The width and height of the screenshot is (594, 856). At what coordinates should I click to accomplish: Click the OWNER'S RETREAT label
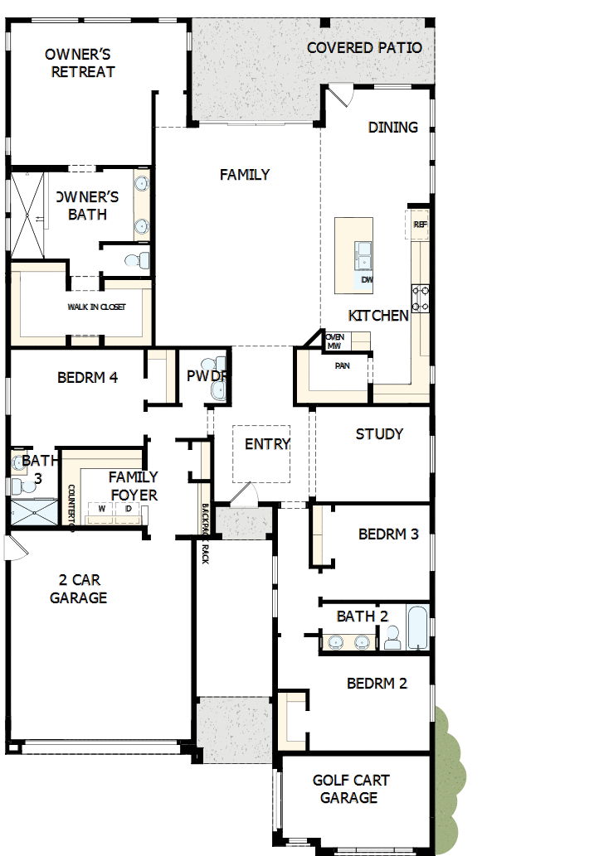(80, 63)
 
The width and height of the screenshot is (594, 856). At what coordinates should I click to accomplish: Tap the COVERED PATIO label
(364, 48)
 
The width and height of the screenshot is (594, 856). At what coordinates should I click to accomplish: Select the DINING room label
(393, 127)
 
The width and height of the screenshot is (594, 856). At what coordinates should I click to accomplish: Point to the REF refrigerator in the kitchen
(420, 225)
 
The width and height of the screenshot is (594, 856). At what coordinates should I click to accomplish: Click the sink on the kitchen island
(363, 255)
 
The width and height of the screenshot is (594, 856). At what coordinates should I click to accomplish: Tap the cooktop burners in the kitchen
(421, 298)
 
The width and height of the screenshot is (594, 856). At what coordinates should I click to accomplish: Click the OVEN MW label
(334, 341)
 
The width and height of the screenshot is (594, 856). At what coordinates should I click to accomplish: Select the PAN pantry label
(342, 365)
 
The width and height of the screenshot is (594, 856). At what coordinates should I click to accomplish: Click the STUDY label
(379, 433)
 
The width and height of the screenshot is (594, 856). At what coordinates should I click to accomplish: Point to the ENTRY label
(267, 444)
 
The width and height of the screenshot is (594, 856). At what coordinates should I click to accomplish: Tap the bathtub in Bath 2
(416, 629)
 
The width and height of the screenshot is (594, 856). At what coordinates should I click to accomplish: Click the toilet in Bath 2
(392, 636)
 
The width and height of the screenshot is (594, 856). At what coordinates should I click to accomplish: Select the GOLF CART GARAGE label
(350, 789)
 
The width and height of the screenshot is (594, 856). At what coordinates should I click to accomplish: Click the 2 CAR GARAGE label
(78, 588)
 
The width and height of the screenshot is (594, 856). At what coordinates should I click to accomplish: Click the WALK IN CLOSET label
(96, 307)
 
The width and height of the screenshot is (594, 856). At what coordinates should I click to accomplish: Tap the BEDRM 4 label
(87, 378)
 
